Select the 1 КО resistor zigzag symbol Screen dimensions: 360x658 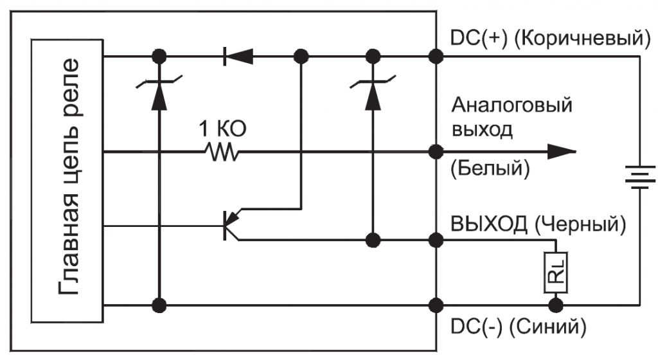point(221,153)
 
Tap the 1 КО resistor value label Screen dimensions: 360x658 point(220,130)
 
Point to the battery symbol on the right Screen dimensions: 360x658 point(639,177)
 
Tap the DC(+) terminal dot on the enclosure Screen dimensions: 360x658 point(436,57)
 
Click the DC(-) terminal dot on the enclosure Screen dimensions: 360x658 point(436,304)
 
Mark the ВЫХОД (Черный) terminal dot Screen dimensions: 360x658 point(436,240)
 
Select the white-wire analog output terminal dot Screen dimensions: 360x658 point(436,153)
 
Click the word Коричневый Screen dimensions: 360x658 point(582,38)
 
